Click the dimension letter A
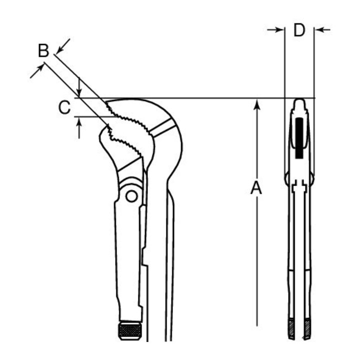[x=256, y=188]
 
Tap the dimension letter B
[x=43, y=50]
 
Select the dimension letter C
[x=64, y=107]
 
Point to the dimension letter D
[x=299, y=30]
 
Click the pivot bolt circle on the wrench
[x=131, y=196]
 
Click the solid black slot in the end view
[x=299, y=138]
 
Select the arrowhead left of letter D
[x=280, y=29]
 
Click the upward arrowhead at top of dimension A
[x=257, y=104]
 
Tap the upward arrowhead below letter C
[x=79, y=121]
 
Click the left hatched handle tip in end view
[x=291, y=329]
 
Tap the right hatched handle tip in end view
[x=307, y=329]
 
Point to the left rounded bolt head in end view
[x=286, y=178]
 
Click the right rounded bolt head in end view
[x=312, y=178]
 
